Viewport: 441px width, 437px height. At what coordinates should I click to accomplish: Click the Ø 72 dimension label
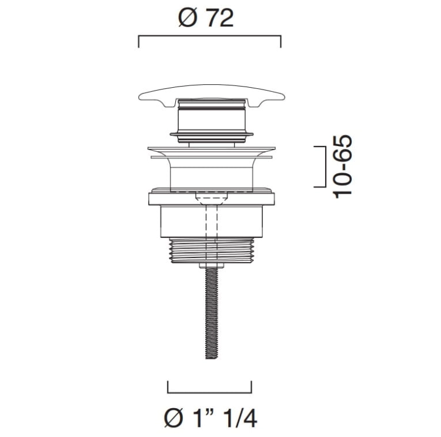point(206,18)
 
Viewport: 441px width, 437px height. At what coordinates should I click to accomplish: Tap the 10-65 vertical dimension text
point(342,167)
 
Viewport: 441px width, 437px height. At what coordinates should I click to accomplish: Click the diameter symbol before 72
point(188,19)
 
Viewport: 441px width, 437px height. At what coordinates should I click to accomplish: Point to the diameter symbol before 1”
point(173,418)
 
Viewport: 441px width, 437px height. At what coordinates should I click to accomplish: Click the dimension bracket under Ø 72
point(209,36)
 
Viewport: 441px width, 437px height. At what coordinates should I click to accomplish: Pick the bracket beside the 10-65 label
point(325,167)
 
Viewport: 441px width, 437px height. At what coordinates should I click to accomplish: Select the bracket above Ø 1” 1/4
point(209,392)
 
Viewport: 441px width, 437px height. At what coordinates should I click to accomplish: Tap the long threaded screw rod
point(212,313)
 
